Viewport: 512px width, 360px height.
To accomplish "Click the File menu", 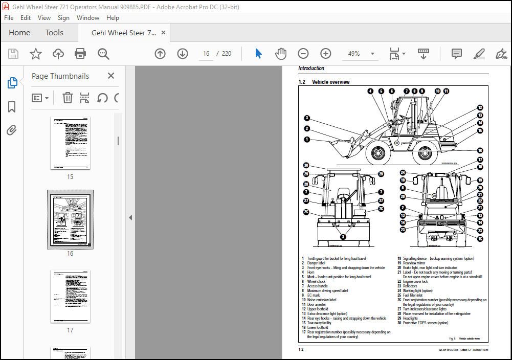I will [x=9, y=17].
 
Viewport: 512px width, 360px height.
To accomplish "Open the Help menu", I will [x=113, y=17].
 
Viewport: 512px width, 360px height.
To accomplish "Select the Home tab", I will [x=19, y=33].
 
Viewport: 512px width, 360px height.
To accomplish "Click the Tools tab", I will [x=54, y=33].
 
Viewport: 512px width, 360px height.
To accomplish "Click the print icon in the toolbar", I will [x=80, y=54].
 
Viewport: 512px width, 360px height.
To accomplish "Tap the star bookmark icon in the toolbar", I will [x=36, y=54].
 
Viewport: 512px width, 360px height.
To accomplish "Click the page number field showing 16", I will [x=206, y=54].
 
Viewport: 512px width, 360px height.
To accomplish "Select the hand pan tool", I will [x=281, y=54].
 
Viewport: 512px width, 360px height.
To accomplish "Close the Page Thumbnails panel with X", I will [x=111, y=76].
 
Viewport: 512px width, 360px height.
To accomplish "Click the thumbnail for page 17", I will [x=70, y=296].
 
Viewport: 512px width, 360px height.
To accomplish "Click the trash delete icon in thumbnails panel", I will [x=68, y=98].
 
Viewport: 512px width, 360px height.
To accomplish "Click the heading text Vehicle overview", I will [x=330, y=82].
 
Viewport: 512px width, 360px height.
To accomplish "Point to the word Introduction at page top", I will [x=311, y=68].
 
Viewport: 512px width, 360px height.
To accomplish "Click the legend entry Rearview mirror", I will [x=414, y=263].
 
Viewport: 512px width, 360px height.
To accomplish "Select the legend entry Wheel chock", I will [x=316, y=282].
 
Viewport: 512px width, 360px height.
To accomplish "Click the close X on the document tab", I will [x=164, y=33].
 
